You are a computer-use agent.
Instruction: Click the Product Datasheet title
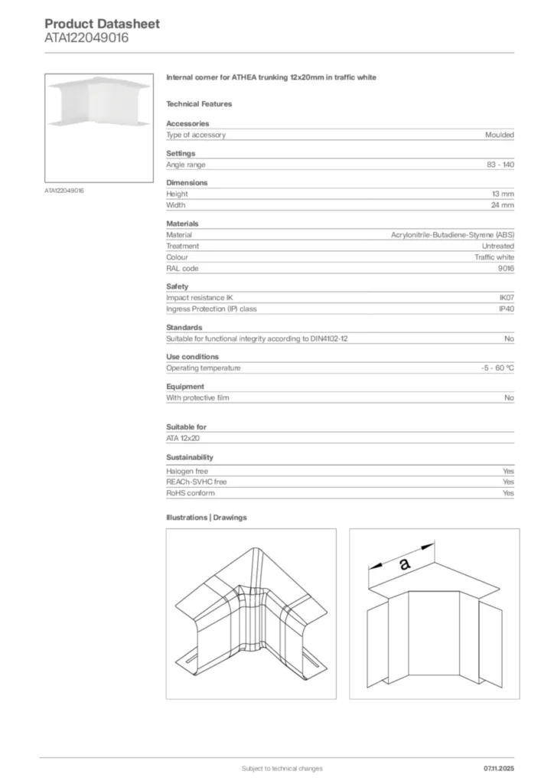[x=103, y=24]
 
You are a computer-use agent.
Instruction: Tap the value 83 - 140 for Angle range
[x=500, y=165]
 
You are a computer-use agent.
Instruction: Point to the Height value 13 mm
[x=503, y=194]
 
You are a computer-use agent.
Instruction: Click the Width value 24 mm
[x=503, y=205]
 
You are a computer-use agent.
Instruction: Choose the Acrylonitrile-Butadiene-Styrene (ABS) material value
[x=452, y=235]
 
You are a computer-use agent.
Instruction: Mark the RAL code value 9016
[x=506, y=269]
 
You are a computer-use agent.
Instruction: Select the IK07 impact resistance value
[x=507, y=298]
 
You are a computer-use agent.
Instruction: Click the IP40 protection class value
[x=507, y=309]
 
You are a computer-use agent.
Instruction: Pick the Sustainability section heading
[x=190, y=457]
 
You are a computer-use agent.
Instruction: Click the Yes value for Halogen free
[x=508, y=471]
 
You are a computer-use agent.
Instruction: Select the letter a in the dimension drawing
[x=405, y=564]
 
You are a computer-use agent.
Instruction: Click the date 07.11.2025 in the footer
[x=498, y=768]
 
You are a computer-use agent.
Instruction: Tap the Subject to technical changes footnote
[x=282, y=768]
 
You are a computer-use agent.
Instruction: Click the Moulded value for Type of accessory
[x=500, y=135]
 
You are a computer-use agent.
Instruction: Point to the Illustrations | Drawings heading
[x=207, y=518]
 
